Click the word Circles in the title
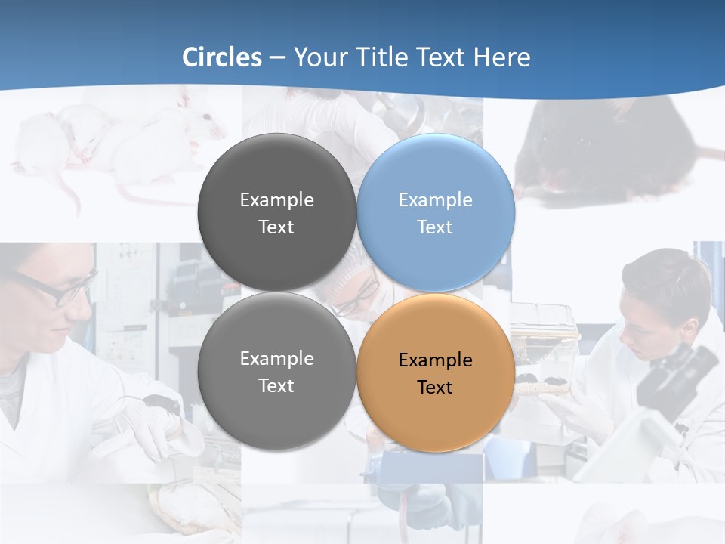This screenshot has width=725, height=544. coord(222,57)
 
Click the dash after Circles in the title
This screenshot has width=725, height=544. coord(277,58)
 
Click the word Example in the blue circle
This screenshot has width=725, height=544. coord(435,200)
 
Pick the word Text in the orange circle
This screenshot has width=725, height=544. coord(435,388)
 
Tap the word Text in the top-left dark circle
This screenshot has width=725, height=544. coord(276,227)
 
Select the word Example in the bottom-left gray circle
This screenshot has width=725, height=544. coord(276,359)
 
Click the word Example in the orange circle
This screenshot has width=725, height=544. coord(435,360)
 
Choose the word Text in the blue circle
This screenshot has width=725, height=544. coord(435,227)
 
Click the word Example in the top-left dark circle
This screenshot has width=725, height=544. coord(276,200)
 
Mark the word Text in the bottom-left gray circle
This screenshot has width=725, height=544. coord(276,386)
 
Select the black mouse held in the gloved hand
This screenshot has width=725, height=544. coord(162,404)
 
